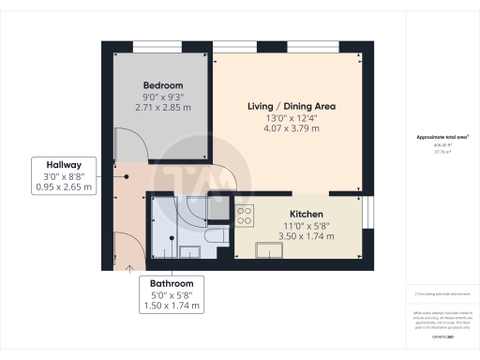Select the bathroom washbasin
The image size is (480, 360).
tap(188, 251)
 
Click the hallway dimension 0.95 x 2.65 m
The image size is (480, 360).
tap(63, 187)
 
